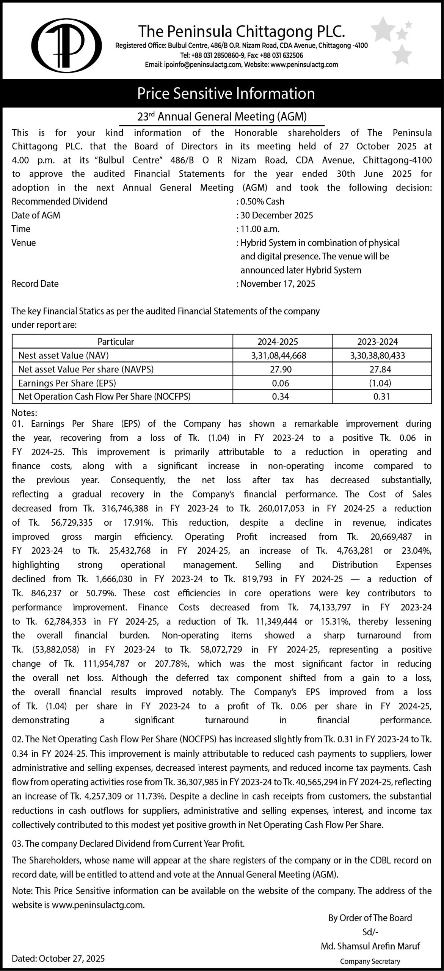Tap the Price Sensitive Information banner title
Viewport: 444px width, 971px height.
coord(226,93)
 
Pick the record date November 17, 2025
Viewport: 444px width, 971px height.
coord(278,284)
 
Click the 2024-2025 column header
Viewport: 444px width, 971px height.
coord(278,342)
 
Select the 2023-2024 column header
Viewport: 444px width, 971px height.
coord(378,342)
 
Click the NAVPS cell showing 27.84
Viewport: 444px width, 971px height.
coord(381,369)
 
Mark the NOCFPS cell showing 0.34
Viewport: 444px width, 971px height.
coord(281,397)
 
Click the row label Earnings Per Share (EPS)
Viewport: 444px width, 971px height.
coord(67,383)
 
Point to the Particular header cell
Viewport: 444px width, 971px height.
coord(116,342)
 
